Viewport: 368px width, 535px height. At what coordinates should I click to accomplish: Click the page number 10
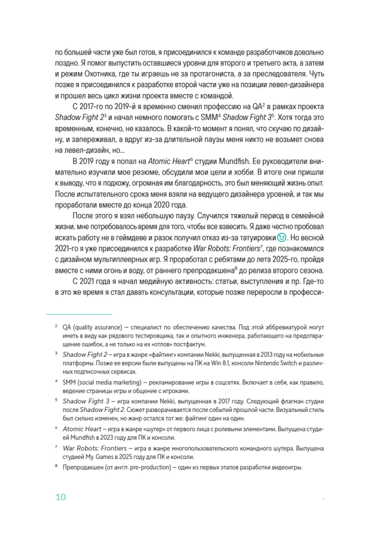click(60, 498)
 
